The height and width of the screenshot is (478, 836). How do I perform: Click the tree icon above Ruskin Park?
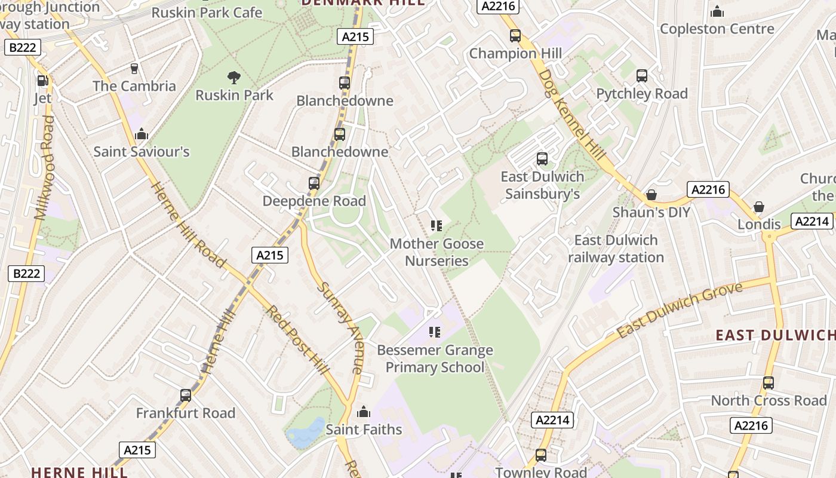pyautogui.click(x=234, y=77)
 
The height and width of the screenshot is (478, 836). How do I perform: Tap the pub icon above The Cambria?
pyautogui.click(x=134, y=69)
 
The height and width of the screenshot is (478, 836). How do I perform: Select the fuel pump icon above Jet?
pyautogui.click(x=42, y=81)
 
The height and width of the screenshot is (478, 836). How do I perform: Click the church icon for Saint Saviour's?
pyautogui.click(x=142, y=134)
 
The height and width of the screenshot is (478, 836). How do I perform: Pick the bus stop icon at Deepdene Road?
pyautogui.click(x=314, y=183)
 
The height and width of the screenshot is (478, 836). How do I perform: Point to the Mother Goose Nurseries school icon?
pyautogui.click(x=437, y=226)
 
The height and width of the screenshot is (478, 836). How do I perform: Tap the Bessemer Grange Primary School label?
pyautogui.click(x=435, y=358)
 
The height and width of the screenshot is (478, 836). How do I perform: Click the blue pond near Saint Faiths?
pyautogui.click(x=306, y=433)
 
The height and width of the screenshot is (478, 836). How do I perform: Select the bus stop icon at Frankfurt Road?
pyautogui.click(x=186, y=395)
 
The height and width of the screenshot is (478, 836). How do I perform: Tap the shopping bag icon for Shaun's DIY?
pyautogui.click(x=651, y=195)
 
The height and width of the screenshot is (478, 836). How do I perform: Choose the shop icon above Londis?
pyautogui.click(x=758, y=207)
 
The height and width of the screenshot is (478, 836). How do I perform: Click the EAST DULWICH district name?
pyautogui.click(x=775, y=335)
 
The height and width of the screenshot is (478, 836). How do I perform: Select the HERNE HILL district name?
pyautogui.click(x=79, y=472)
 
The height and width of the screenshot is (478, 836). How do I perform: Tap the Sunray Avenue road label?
pyautogui.click(x=340, y=327)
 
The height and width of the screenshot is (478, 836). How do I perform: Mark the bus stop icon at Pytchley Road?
pyautogui.click(x=642, y=76)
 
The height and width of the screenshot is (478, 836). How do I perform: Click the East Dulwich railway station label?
pyautogui.click(x=616, y=249)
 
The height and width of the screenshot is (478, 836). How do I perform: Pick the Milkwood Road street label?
pyautogui.click(x=45, y=168)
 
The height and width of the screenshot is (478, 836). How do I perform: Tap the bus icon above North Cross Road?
pyautogui.click(x=769, y=383)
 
